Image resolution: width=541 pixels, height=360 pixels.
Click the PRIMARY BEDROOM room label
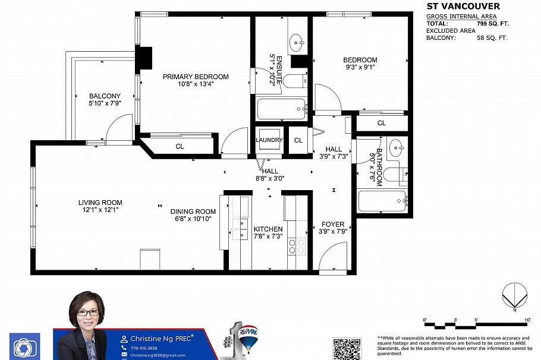point(196,77)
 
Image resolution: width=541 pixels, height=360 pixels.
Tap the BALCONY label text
point(105,96)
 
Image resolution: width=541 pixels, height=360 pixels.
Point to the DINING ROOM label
point(193,211)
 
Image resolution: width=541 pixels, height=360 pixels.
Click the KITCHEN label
point(268,229)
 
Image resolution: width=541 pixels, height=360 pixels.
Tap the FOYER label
point(332,224)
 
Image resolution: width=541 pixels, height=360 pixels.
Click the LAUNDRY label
point(269,140)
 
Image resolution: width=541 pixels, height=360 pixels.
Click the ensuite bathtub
point(281,109)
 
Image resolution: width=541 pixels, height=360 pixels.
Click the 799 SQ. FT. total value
point(493,24)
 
